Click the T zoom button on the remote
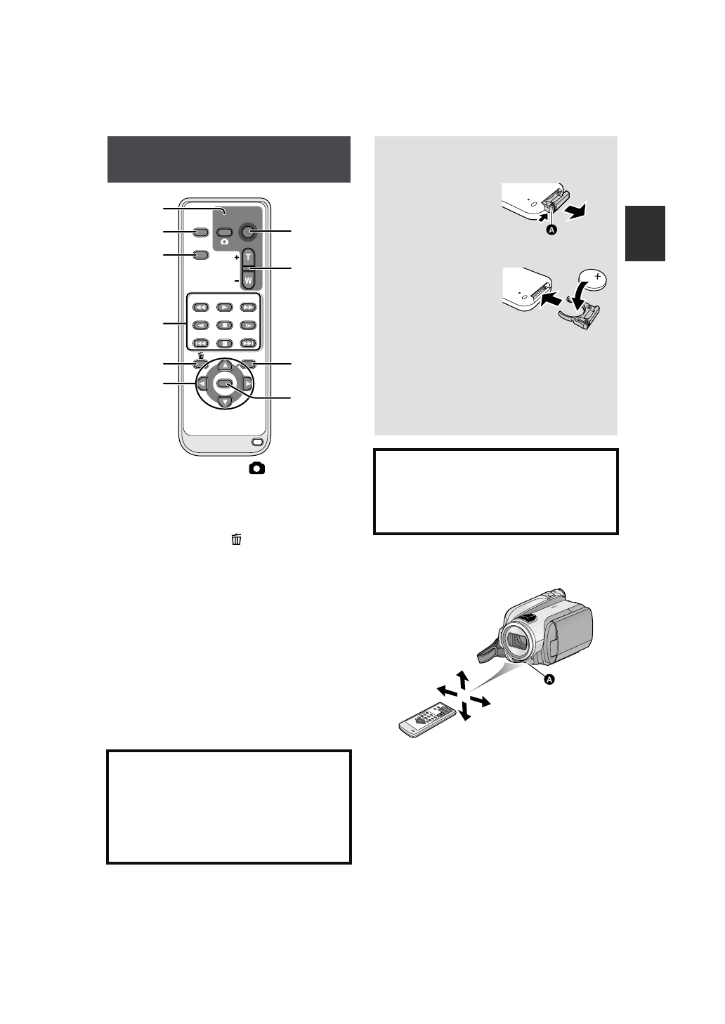pyautogui.click(x=247, y=258)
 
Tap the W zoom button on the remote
pyautogui.click(x=247, y=280)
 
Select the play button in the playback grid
pyautogui.click(x=224, y=307)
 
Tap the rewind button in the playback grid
pyautogui.click(x=200, y=307)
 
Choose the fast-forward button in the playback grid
pyautogui.click(x=248, y=307)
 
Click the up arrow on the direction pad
pyautogui.click(x=224, y=365)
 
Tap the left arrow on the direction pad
pyautogui.click(x=202, y=384)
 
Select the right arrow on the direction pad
pyautogui.click(x=247, y=384)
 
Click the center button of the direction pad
pyautogui.click(x=224, y=384)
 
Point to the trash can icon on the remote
pyautogui.click(x=201, y=355)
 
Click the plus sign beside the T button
pyautogui.click(x=236, y=258)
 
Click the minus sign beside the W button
pyautogui.click(x=236, y=280)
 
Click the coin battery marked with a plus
pyautogui.click(x=597, y=280)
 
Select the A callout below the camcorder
pyautogui.click(x=550, y=679)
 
